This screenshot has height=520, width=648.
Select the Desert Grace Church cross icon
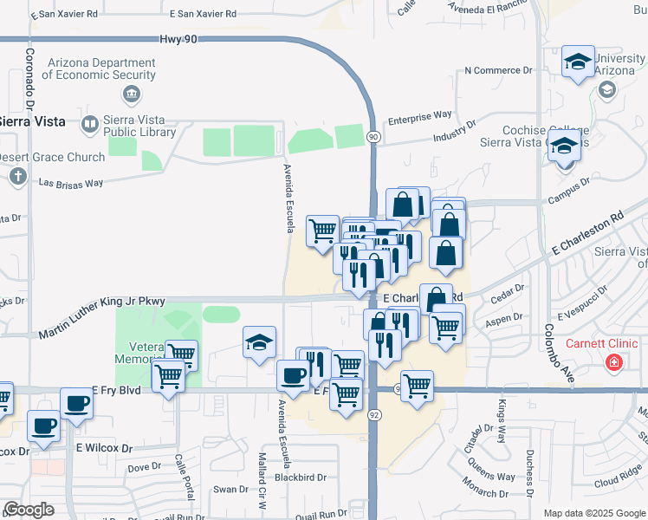coord(17,177)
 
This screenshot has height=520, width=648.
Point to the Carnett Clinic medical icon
coord(613,361)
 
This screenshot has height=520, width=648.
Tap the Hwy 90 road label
coord(179,40)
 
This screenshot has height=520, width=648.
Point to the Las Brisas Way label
coord(71,183)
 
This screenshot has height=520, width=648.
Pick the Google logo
coord(29,510)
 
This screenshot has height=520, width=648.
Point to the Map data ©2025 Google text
coord(593,513)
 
